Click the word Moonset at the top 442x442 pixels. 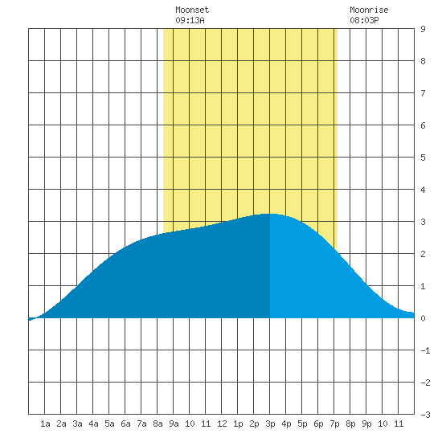[x=192, y=10]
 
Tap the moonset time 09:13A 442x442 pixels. [x=190, y=20]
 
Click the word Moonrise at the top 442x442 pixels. [x=369, y=10]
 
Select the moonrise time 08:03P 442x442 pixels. [x=364, y=20]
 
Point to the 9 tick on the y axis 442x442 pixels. [x=423, y=29]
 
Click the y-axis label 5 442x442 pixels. [x=423, y=158]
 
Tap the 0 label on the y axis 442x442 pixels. [x=423, y=318]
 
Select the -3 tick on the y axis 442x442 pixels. [x=425, y=415]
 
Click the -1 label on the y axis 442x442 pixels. [x=425, y=350]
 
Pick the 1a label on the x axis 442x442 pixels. [x=45, y=424]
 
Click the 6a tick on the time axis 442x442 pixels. [x=125, y=424]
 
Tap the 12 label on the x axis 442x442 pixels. [x=222, y=424]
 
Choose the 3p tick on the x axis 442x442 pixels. [x=270, y=424]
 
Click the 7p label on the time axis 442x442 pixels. [x=334, y=424]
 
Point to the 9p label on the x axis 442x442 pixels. [x=366, y=424]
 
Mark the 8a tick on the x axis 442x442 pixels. [x=158, y=424]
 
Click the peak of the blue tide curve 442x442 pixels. [x=269, y=214]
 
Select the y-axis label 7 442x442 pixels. [x=423, y=93]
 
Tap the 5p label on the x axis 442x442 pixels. [x=302, y=424]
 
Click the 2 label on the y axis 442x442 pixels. [x=423, y=254]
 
